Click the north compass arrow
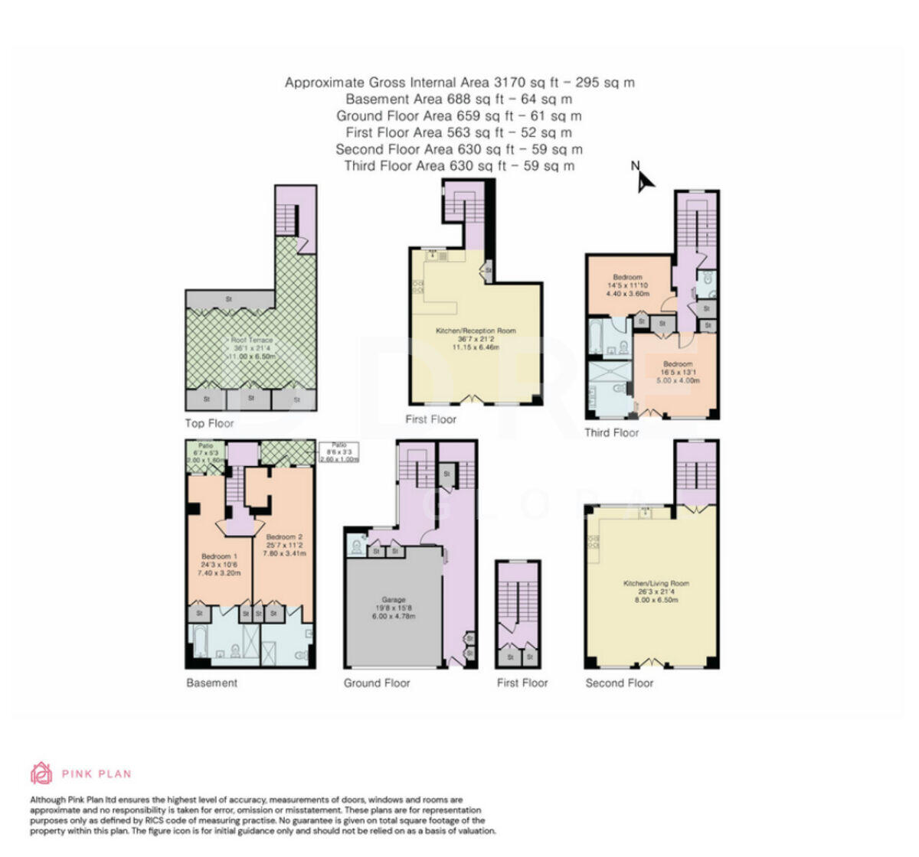(645, 179)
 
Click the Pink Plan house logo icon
(41, 773)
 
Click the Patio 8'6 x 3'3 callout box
(339, 453)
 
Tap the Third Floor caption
(611, 433)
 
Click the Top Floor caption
(209, 423)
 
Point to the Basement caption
(211, 683)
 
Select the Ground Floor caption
(376, 683)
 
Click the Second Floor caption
(619, 683)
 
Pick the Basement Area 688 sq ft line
(459, 99)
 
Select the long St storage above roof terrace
(228, 298)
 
